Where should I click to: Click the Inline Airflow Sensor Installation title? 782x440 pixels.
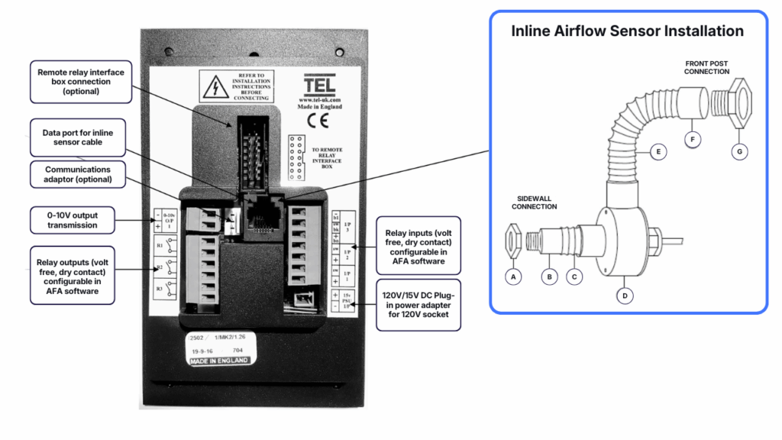click(627, 31)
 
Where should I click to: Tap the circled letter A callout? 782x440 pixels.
click(514, 277)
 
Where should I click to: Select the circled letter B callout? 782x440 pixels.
click(549, 277)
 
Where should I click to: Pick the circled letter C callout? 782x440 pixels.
click(574, 277)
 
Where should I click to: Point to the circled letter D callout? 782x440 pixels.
click(625, 295)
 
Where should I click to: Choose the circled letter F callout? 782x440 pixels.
click(693, 140)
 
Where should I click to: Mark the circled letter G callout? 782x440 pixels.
click(738, 151)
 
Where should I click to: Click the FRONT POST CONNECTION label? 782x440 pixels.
click(706, 67)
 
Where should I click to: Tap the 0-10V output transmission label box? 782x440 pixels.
click(73, 220)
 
